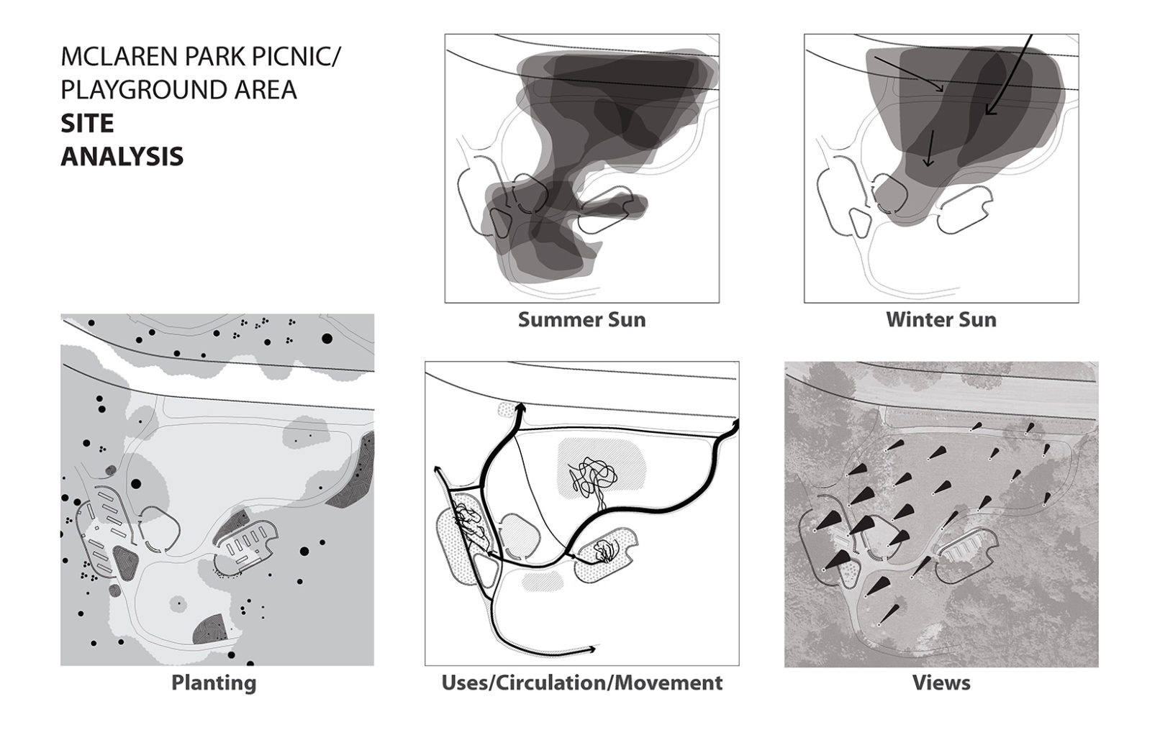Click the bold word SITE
coord(87,124)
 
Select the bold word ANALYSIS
coord(122,157)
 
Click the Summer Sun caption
coord(581,319)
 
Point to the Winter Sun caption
coord(941,319)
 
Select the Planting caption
coord(214,682)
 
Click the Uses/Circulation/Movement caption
coord(582,682)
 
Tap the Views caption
coord(941,682)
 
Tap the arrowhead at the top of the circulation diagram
coord(520,408)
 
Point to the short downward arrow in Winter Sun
coord(930,147)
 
